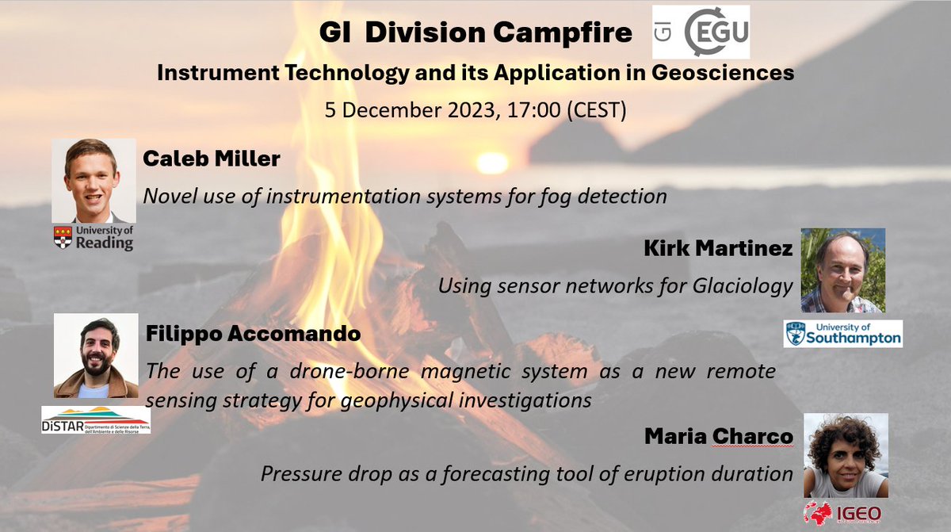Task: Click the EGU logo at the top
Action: [x=701, y=33]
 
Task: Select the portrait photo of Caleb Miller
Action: [x=94, y=181]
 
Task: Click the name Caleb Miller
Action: [x=211, y=159]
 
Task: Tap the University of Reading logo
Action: [x=94, y=237]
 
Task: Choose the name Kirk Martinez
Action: [x=719, y=249]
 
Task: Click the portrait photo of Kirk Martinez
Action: [x=842, y=270]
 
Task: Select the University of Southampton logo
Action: [x=843, y=334]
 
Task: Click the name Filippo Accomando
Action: [x=254, y=335]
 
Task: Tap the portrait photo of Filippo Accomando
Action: [x=96, y=354]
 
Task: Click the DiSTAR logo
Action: [x=96, y=419]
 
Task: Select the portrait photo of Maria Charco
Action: [x=846, y=455]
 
